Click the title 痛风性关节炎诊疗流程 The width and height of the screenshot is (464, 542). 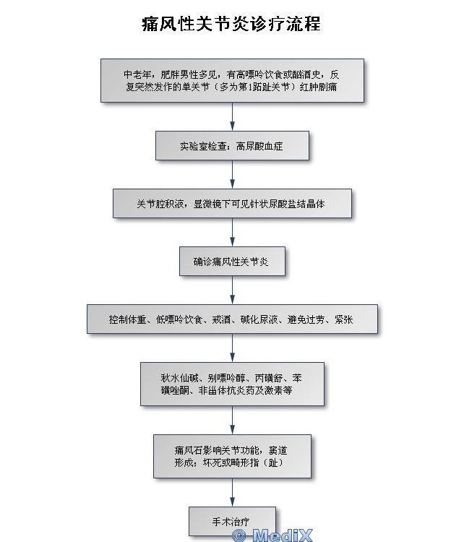coord(231,24)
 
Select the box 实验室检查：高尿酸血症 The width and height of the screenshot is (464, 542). coord(232,145)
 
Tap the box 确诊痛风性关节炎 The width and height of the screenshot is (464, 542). coord(232,262)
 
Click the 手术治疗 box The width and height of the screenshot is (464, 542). coord(232,521)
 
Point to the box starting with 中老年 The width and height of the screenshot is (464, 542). coord(232,80)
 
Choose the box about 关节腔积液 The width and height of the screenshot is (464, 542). coord(232,204)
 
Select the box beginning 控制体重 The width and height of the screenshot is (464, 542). coord(232,319)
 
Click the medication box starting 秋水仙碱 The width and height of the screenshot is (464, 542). coord(232,384)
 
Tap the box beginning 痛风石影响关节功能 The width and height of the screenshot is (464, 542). coord(232,456)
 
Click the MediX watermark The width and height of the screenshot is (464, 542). coord(272,535)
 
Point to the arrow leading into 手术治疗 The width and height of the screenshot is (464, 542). coord(232,493)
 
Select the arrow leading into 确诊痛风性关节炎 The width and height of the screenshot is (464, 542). coord(232,232)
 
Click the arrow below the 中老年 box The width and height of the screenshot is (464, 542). coord(232,116)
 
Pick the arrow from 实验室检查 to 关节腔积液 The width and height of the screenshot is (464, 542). coord(232,175)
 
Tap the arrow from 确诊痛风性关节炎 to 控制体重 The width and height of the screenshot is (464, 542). coord(232,291)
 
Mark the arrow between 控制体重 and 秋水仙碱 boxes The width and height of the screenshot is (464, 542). coord(232,348)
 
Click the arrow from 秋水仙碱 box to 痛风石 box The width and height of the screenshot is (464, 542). coord(232,421)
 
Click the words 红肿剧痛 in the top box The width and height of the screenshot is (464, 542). coord(318,87)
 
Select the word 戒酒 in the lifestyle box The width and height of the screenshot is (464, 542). coord(221,319)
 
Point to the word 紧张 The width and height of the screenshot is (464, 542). coord(344,319)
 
